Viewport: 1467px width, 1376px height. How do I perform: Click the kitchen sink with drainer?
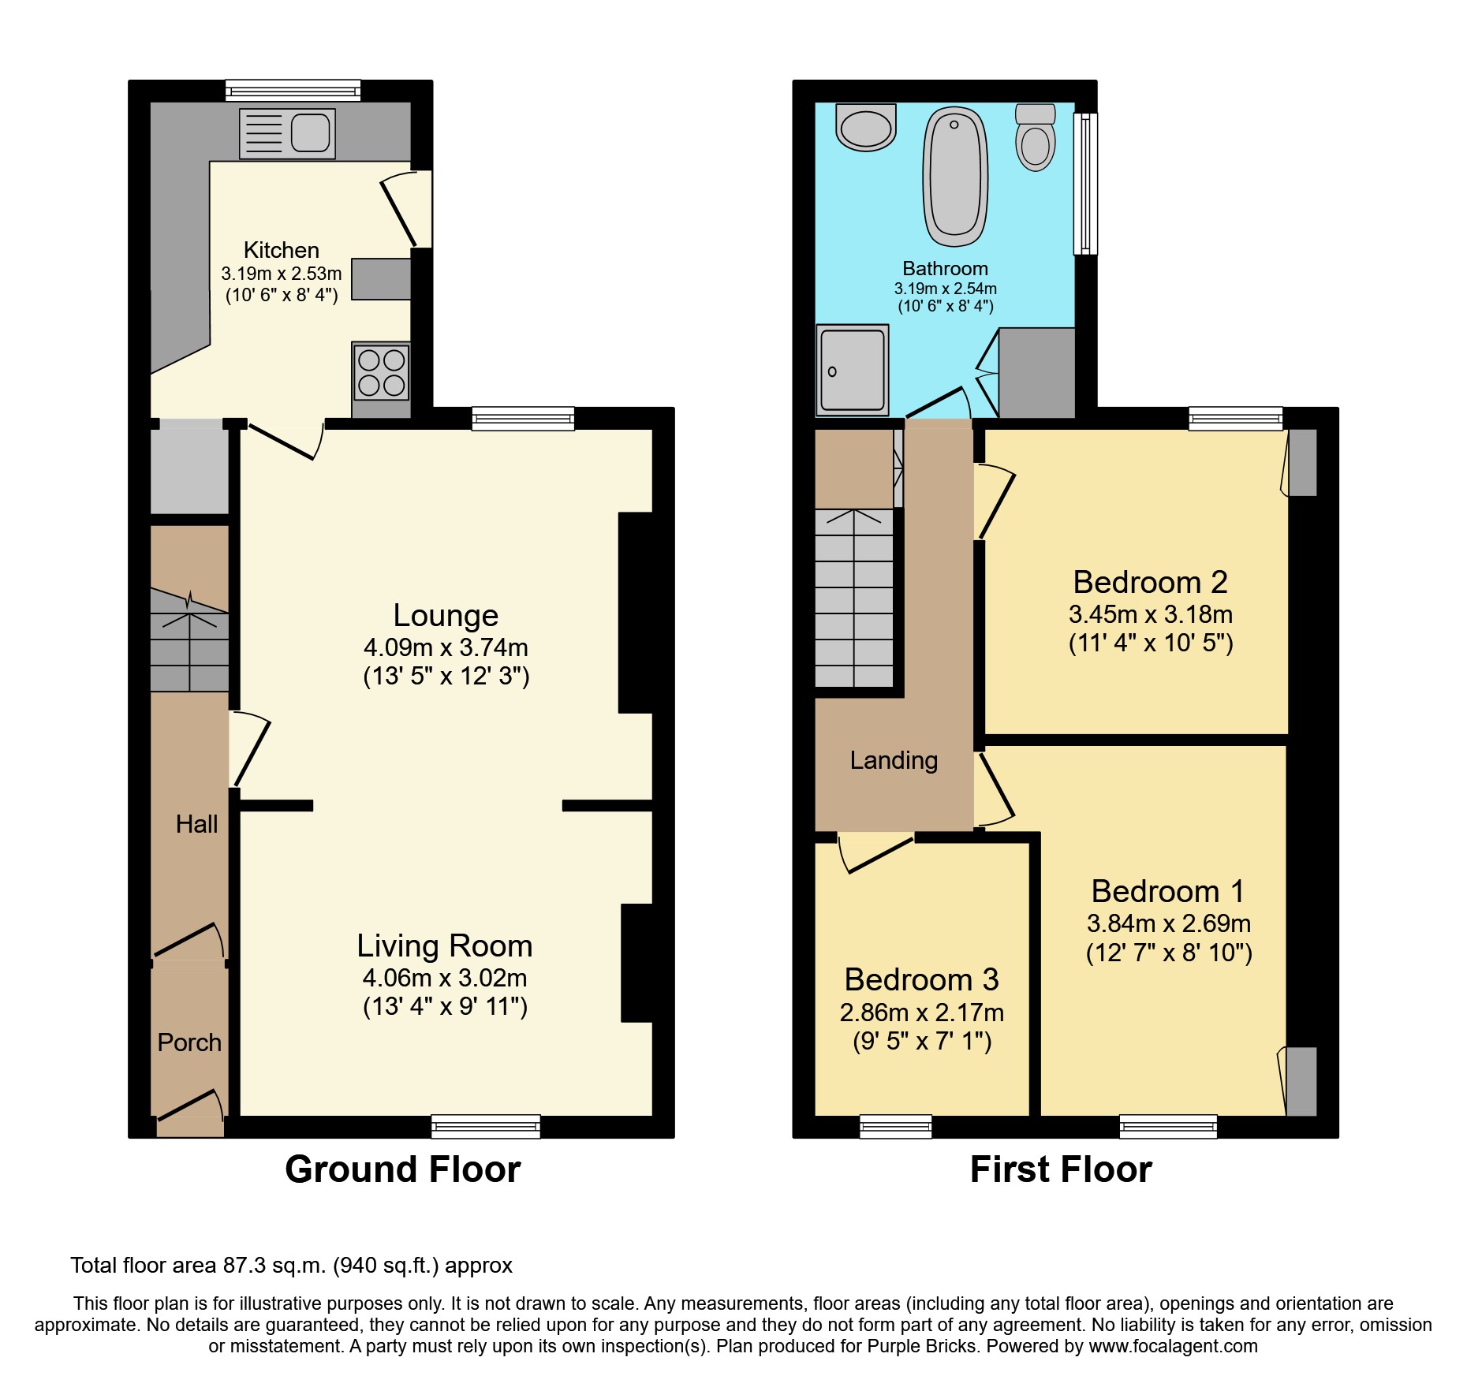pyautogui.click(x=287, y=133)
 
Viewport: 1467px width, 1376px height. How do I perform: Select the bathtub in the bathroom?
pyautogui.click(x=955, y=177)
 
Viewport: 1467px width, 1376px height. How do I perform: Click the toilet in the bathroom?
pyautogui.click(x=1035, y=138)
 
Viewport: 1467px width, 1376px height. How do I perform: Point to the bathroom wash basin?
pyautogui.click(x=866, y=128)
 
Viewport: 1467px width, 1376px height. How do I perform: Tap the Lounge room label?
pyautogui.click(x=446, y=615)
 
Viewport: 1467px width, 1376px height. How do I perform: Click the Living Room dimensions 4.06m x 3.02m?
pyautogui.click(x=445, y=978)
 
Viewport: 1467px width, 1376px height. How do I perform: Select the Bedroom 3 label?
pyautogui.click(x=921, y=979)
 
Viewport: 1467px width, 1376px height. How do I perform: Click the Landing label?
pyautogui.click(x=894, y=760)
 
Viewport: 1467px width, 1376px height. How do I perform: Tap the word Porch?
pyautogui.click(x=189, y=1042)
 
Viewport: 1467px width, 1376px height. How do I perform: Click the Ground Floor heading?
pyautogui.click(x=402, y=1169)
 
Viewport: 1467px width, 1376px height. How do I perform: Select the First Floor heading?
pyautogui.click(x=1061, y=1169)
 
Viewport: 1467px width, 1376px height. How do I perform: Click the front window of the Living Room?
pyautogui.click(x=486, y=1126)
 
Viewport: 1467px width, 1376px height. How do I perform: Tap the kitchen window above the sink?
pyautogui.click(x=293, y=91)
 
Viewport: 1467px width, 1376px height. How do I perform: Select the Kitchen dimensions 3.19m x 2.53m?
pyautogui.click(x=282, y=274)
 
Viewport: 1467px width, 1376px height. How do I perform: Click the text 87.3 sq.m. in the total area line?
pyautogui.click(x=274, y=1266)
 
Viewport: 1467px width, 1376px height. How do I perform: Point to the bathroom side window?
pyautogui.click(x=1086, y=183)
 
